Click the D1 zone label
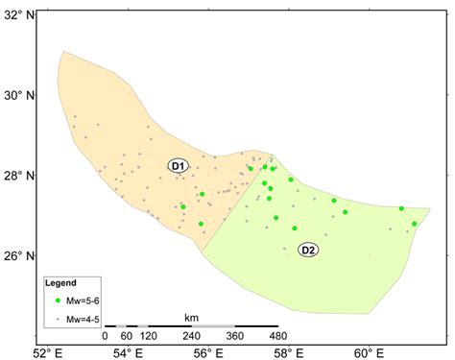point(179,166)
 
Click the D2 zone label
point(308,250)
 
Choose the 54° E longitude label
point(129,352)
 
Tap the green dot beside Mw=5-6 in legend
point(58,300)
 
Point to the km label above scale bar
point(192,316)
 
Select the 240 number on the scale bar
point(192,337)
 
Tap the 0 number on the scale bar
point(105,337)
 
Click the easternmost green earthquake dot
point(415,224)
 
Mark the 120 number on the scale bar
point(148,337)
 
